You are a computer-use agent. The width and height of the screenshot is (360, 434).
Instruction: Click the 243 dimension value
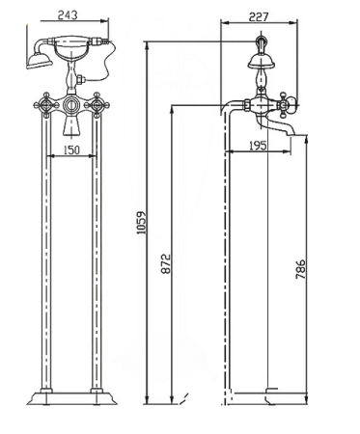click(x=68, y=15)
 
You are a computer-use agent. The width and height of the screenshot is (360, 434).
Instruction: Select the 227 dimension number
click(x=259, y=16)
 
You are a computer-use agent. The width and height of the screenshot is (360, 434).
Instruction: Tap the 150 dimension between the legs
click(x=71, y=150)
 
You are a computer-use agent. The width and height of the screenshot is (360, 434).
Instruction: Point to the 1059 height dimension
click(x=142, y=223)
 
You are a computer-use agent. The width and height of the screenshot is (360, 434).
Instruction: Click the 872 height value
click(x=166, y=263)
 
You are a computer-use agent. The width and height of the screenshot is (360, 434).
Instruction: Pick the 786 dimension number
click(x=300, y=269)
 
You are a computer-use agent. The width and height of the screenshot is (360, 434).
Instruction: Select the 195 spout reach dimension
click(x=259, y=146)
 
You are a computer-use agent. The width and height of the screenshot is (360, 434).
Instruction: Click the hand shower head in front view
click(x=39, y=62)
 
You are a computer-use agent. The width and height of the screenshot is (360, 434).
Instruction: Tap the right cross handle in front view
click(x=97, y=105)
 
